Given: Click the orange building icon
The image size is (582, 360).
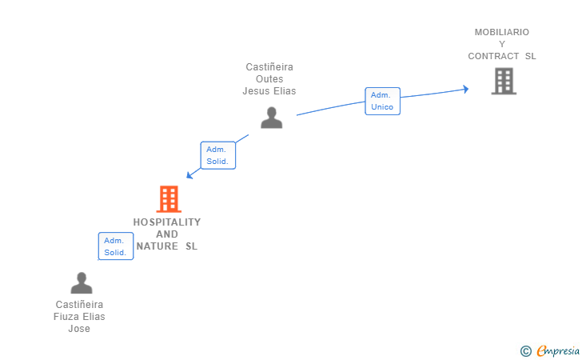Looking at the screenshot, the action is [x=169, y=199].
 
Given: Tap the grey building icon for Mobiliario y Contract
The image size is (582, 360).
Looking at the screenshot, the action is [x=504, y=81].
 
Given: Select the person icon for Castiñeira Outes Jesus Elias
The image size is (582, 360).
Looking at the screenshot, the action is [x=271, y=118].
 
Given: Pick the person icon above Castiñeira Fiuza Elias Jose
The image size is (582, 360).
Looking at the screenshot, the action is [x=82, y=283].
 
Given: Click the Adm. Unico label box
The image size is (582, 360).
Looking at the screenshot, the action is [x=382, y=101].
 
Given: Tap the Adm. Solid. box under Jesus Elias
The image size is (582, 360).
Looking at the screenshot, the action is [x=218, y=155].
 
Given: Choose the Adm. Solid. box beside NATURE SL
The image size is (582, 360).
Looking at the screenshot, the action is [x=116, y=246].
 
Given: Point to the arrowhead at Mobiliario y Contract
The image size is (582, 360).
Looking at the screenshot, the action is [x=466, y=89].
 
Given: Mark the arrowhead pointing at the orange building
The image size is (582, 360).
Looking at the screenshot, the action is [x=189, y=174].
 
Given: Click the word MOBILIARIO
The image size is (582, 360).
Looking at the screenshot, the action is [x=502, y=32].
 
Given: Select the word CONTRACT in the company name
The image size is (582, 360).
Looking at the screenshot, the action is [x=493, y=56].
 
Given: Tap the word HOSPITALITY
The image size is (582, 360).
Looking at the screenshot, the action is [x=167, y=222].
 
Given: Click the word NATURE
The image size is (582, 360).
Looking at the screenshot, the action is [x=157, y=246].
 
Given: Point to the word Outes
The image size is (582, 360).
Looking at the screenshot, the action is [x=269, y=79].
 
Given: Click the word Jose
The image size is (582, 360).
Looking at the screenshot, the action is [x=79, y=329].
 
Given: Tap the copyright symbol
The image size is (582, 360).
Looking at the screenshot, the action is [x=525, y=351].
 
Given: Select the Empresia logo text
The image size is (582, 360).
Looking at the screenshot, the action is [x=558, y=350].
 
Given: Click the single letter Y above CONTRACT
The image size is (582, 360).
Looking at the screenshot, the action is [x=502, y=44].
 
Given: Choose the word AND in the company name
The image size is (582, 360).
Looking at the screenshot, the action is [x=167, y=234].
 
